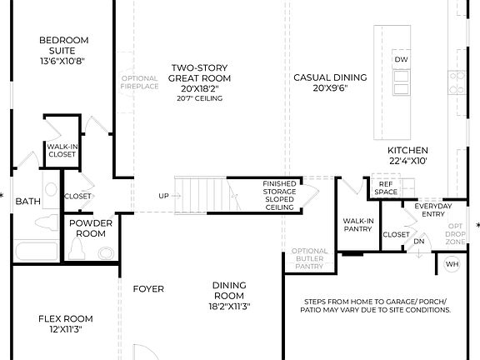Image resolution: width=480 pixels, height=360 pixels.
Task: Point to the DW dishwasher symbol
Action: point(401,60)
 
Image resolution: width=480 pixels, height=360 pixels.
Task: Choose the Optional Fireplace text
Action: point(139,82)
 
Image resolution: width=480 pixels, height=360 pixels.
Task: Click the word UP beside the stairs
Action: point(163,197)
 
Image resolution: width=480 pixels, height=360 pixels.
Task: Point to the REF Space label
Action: point(386,188)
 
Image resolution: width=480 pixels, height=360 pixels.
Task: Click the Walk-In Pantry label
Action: point(358,225)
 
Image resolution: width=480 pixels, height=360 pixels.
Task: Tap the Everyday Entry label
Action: point(433,210)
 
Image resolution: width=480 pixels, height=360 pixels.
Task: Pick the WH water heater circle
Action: point(452,265)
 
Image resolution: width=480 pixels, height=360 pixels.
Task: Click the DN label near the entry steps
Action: point(419,242)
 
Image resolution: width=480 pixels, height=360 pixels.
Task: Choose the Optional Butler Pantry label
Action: point(308,259)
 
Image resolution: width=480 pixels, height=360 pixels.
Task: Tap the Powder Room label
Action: point(91,228)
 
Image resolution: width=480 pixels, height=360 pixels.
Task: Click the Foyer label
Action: point(148,289)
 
